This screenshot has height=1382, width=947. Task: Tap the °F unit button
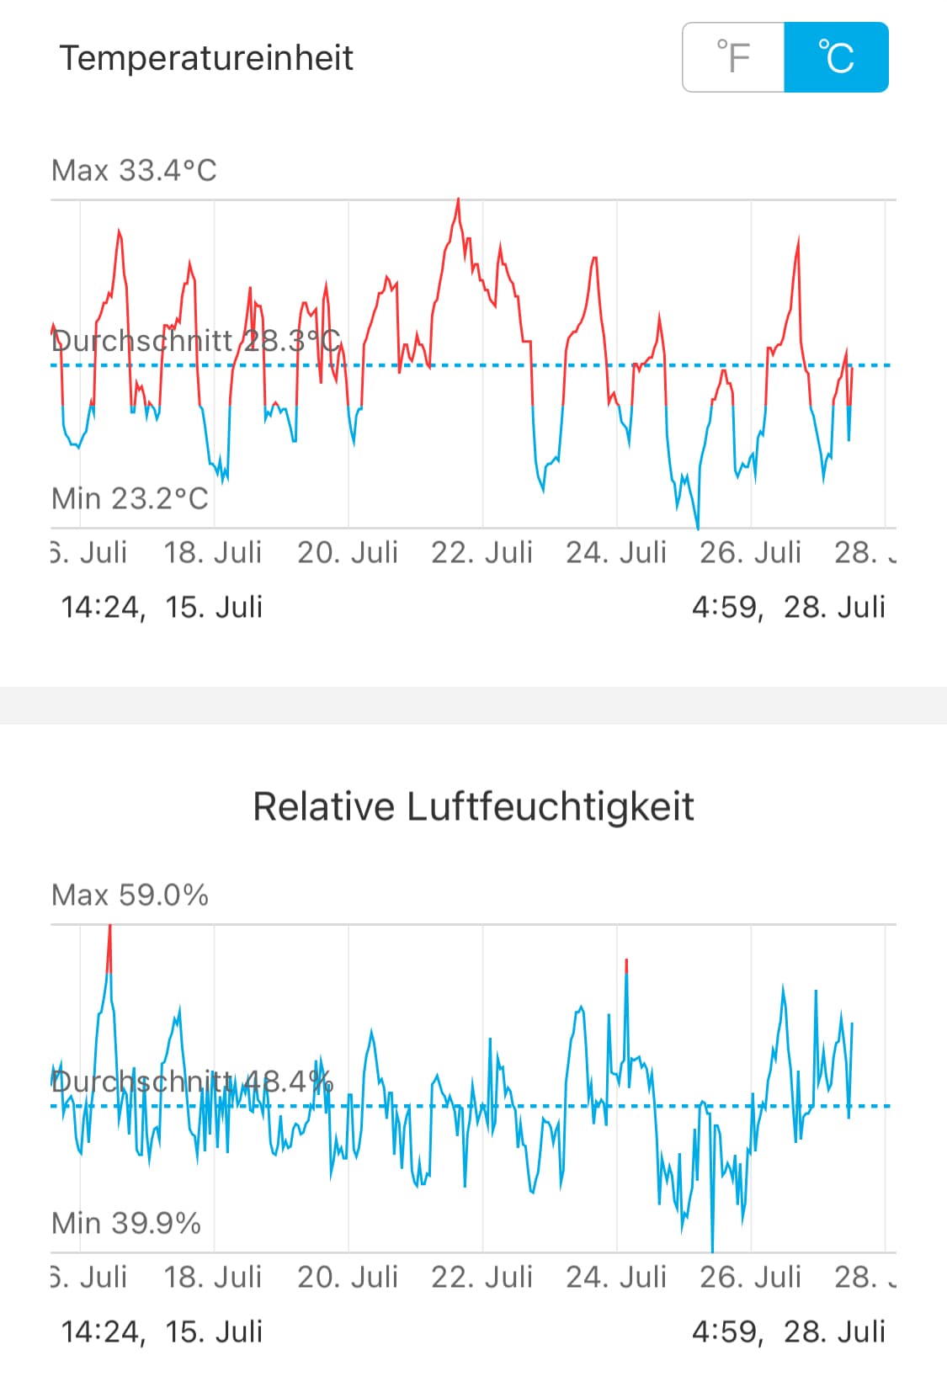(x=733, y=57)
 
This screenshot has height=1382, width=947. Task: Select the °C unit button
(x=836, y=57)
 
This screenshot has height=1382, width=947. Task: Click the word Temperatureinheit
(x=206, y=58)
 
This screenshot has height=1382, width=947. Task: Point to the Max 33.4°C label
(x=134, y=171)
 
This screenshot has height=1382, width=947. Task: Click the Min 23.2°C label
(x=130, y=498)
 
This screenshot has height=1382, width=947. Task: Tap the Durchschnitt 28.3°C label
(x=195, y=341)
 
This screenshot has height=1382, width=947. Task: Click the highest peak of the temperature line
(x=458, y=200)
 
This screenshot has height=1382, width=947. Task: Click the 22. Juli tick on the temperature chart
(x=481, y=552)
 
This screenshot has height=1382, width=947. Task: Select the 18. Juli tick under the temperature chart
(x=213, y=552)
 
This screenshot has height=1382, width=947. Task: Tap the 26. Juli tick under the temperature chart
(x=750, y=552)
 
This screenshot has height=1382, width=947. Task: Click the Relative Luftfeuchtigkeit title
(x=473, y=806)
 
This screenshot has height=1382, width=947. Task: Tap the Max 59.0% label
(x=130, y=895)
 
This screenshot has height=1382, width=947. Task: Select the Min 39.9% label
(x=126, y=1223)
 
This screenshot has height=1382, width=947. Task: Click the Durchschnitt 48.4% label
(x=192, y=1082)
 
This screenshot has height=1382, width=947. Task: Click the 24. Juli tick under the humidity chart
(x=616, y=1277)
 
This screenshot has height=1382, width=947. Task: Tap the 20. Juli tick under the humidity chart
(x=348, y=1277)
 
